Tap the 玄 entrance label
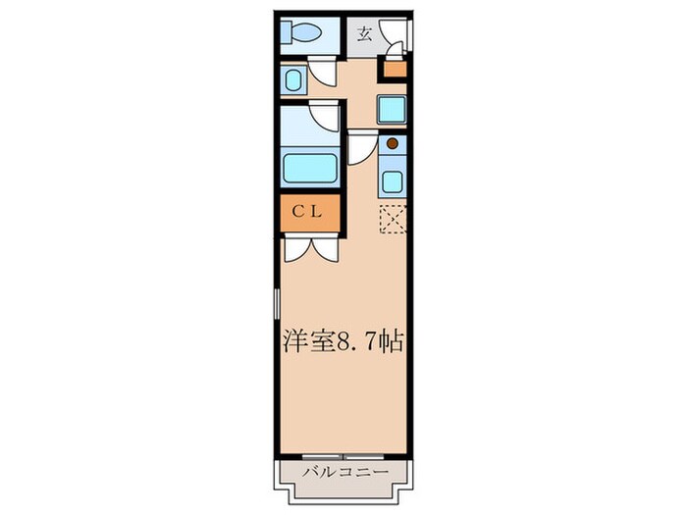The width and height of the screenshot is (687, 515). coord(364,34)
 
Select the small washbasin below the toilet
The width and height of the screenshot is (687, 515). coord(292,78)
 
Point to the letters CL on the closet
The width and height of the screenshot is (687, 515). coord(310,211)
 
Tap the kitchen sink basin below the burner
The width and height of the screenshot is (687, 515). coord(392,180)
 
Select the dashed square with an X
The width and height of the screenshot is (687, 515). coord(393,220)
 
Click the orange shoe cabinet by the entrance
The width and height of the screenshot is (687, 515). coord(394,68)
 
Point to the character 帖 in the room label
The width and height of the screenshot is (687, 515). coord(392,342)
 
